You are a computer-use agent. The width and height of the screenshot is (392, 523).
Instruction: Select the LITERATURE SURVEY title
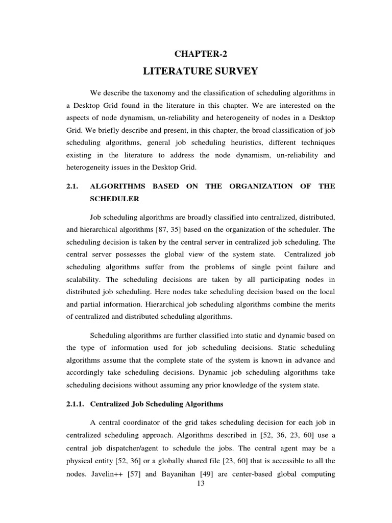pyautogui.click(x=201, y=70)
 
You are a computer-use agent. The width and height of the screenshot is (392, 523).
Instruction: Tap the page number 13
pyautogui.click(x=200, y=484)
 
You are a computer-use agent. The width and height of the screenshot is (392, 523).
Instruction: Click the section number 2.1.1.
pyautogui.click(x=77, y=404)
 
